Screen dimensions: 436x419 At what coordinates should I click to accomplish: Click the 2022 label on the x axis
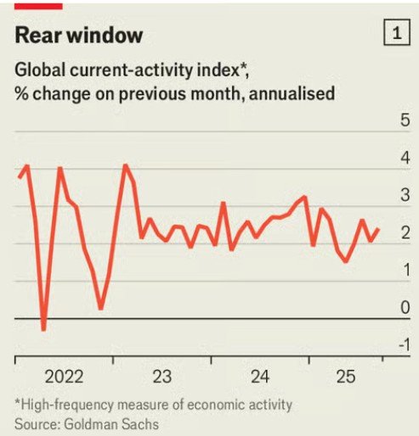pos(64,376)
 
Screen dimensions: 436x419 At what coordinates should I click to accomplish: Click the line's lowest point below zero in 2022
pos(43,328)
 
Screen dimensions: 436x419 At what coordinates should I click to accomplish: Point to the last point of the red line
pos(378,228)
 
